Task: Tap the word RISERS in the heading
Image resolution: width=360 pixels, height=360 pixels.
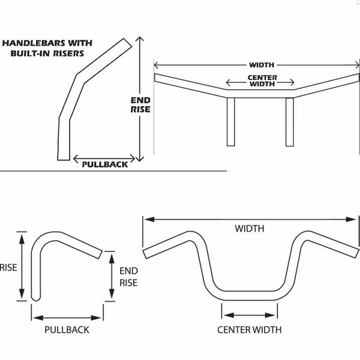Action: [84, 53]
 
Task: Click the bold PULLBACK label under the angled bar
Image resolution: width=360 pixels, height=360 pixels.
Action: [105, 164]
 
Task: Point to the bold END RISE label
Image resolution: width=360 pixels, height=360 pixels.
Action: [140, 105]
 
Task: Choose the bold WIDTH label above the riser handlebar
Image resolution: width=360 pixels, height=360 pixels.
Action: [262, 65]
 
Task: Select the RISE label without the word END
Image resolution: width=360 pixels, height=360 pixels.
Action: [8, 267]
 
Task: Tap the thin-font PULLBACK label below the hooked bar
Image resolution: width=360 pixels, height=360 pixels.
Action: [67, 329]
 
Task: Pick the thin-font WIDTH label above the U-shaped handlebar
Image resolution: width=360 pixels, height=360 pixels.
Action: [250, 229]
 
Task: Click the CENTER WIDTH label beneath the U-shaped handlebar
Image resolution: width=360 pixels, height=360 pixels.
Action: [250, 329]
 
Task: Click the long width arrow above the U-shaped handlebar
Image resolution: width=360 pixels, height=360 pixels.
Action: [180, 220]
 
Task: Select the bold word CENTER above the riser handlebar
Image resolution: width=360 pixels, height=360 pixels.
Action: [262, 78]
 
